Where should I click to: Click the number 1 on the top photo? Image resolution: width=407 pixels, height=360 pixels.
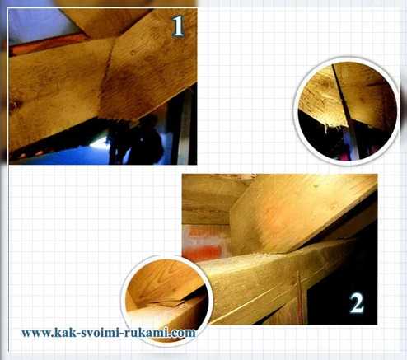click(x=179, y=26)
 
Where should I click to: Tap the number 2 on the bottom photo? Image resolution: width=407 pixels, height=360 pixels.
click(x=357, y=303)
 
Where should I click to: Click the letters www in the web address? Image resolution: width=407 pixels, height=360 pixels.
click(x=36, y=334)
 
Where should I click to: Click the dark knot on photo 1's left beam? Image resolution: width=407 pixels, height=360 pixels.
click(x=14, y=105)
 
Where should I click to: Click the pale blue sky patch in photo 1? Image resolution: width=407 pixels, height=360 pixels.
click(x=39, y=25)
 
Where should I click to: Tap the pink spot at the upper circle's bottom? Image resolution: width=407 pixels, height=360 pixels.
click(x=345, y=157)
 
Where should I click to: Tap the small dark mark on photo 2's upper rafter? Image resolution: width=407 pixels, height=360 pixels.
click(x=316, y=186)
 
